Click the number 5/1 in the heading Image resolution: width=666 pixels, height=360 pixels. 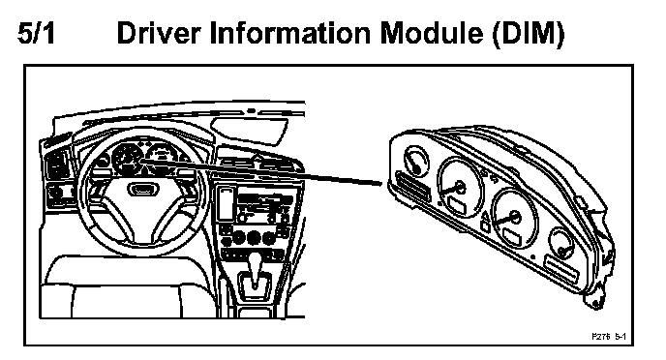[x=36, y=34]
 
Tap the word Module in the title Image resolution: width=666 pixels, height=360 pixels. [x=432, y=34]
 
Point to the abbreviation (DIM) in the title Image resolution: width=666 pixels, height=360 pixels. [x=529, y=34]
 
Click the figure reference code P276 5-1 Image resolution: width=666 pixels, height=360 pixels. [x=609, y=336]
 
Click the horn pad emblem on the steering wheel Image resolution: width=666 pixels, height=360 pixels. [x=143, y=189]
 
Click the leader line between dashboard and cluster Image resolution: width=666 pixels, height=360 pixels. [x=261, y=172]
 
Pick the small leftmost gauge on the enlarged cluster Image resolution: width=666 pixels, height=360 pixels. [x=415, y=161]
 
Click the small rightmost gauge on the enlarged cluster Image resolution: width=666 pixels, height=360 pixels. [x=561, y=244]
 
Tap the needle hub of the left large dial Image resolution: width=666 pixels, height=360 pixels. [x=459, y=187]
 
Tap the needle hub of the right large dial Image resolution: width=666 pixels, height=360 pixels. [x=514, y=217]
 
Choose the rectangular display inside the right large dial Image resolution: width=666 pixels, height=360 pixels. [x=512, y=236]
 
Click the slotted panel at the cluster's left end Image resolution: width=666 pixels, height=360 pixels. [x=412, y=186]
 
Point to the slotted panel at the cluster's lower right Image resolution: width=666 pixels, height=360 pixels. [x=561, y=269]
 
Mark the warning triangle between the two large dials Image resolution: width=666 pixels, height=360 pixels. [x=486, y=218]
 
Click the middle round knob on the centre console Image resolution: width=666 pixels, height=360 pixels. [x=254, y=237]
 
